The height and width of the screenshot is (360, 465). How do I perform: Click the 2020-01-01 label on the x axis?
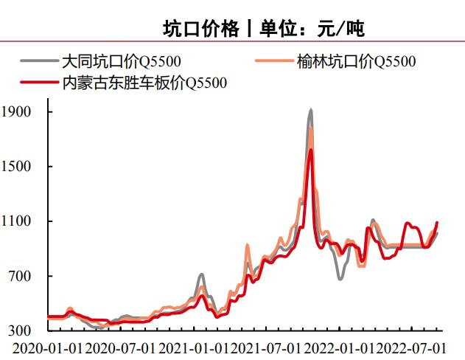(x=46, y=347)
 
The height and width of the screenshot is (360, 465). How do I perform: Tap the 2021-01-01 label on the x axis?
(x=193, y=347)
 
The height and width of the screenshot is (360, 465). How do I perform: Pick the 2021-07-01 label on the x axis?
(x=266, y=347)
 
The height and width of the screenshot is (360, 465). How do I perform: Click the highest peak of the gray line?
(x=310, y=110)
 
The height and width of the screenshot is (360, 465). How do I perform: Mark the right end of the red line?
(x=437, y=222)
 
